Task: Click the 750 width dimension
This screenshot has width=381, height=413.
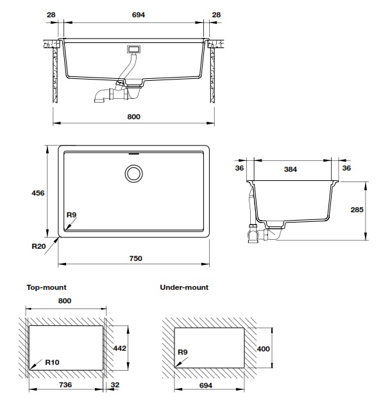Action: click(135, 258)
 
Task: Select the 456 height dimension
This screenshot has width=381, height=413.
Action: click(38, 192)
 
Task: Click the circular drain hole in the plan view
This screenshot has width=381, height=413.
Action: click(135, 173)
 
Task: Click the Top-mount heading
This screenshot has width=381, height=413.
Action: click(46, 288)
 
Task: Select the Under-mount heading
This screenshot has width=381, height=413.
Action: click(184, 288)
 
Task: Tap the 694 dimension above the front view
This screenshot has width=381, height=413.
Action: click(135, 14)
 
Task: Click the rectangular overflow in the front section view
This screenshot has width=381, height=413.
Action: click(134, 49)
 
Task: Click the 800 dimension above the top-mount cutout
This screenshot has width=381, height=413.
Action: click(65, 301)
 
